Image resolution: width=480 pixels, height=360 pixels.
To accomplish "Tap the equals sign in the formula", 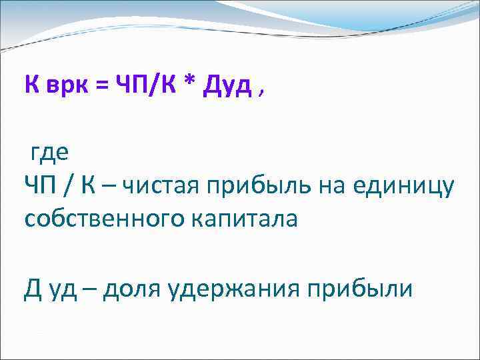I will coord(101,87).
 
